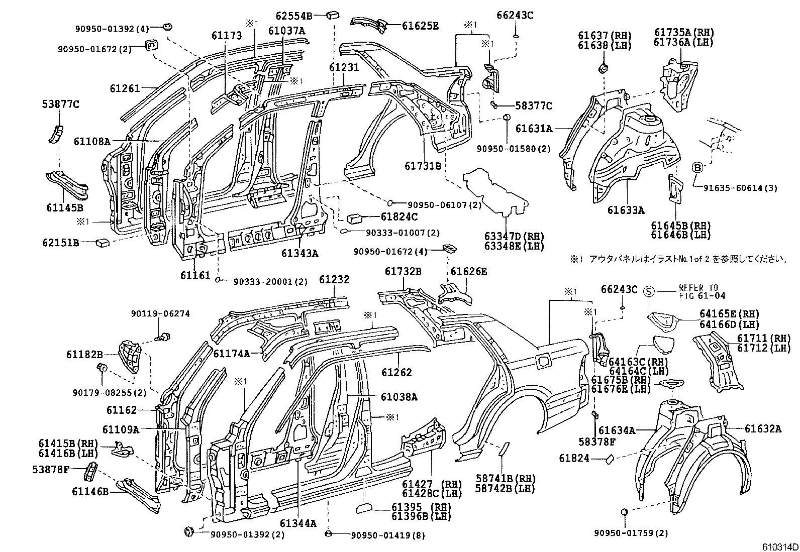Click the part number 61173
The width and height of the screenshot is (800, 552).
point(227,36)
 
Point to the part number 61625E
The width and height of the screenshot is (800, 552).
point(420,25)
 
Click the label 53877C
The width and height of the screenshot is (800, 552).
point(60,104)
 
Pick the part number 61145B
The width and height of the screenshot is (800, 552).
point(64,207)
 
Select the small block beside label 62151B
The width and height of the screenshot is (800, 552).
point(104,243)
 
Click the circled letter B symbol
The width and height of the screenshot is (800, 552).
point(697,168)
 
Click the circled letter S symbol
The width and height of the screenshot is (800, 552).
point(649,291)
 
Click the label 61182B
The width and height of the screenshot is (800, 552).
point(84,354)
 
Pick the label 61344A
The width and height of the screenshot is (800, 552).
point(298,523)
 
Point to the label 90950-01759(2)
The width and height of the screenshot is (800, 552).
point(631,533)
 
